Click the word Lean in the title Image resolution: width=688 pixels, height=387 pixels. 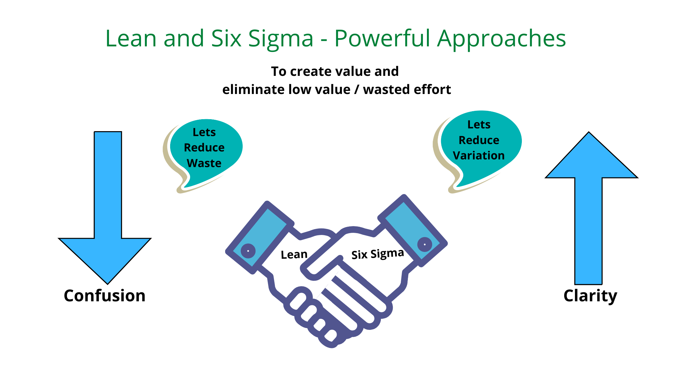pos(131,38)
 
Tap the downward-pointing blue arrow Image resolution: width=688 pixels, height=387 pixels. pos(105,208)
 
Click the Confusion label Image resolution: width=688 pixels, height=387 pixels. pos(105,295)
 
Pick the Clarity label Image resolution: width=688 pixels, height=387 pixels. pos(590,296)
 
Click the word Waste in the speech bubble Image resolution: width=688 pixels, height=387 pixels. pos(204,163)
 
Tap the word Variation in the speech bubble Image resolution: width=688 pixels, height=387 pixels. pos(479,155)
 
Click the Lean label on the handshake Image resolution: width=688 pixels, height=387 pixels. pos(294,255)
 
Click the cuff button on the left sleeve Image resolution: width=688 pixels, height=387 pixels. pos(248,251)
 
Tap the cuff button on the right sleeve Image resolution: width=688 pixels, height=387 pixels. pos(425,244)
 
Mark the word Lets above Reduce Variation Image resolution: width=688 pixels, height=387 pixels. pos(479,124)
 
